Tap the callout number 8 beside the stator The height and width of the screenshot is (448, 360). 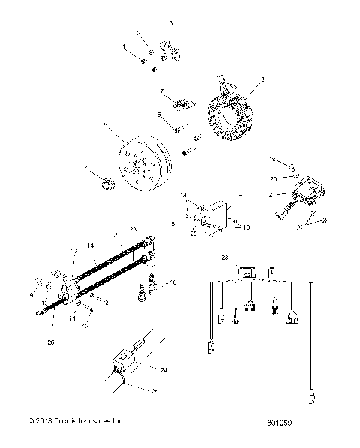click(262, 79)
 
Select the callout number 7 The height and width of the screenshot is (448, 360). click(161, 91)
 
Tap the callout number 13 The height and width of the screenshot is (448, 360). click(74, 250)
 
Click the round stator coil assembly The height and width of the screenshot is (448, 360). click(234, 112)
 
